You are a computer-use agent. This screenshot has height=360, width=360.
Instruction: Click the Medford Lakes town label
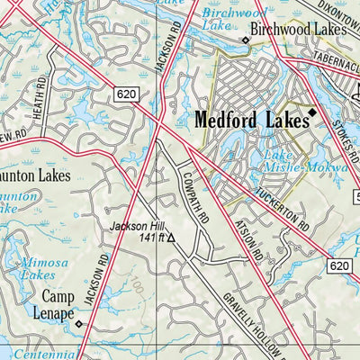point(248,117)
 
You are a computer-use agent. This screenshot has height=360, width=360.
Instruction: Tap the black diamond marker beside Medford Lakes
point(313,112)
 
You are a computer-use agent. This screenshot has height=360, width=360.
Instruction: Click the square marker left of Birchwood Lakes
point(245,40)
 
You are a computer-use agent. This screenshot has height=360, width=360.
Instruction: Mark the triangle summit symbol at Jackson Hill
point(171,239)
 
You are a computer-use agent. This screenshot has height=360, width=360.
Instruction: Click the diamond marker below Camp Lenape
point(78,323)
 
